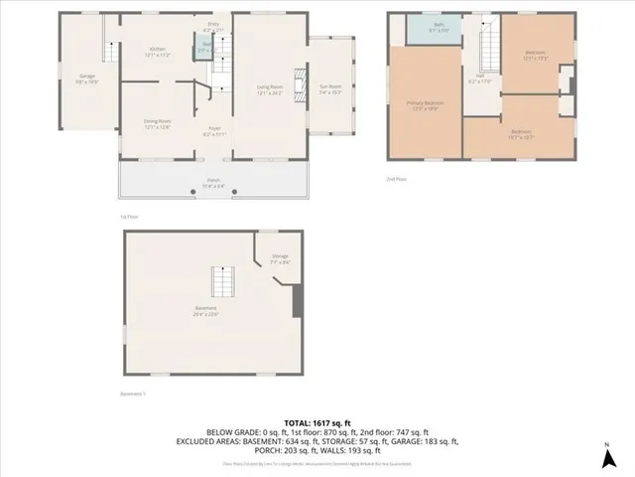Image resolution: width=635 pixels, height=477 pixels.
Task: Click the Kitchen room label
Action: pos(157,50)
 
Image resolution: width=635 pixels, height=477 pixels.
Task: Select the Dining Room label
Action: pos(157,125)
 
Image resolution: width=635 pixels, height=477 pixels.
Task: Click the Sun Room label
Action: pos(328,89)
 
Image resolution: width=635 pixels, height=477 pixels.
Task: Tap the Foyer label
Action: pos(213,131)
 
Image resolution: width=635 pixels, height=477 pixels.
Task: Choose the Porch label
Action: pos(213,184)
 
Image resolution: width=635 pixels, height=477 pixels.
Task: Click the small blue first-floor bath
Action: pos(203,48)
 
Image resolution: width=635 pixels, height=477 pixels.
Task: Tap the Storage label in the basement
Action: pos(280,259)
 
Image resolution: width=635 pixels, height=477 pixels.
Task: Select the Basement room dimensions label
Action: pos(206,314)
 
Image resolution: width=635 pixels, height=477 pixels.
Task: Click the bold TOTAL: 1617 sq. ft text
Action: pos(317,421)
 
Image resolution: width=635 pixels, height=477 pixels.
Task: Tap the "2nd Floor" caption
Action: pos(398,179)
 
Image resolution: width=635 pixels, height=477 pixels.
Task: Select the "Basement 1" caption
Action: pos(133,394)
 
